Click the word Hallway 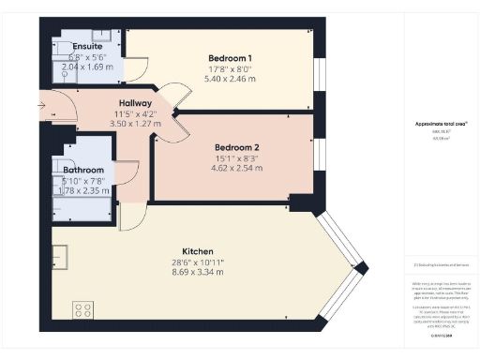coord(137,103)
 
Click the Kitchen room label coord(198,251)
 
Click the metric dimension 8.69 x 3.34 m coord(198,273)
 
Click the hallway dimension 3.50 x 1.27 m coord(137,123)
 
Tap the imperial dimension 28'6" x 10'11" coord(198,262)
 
